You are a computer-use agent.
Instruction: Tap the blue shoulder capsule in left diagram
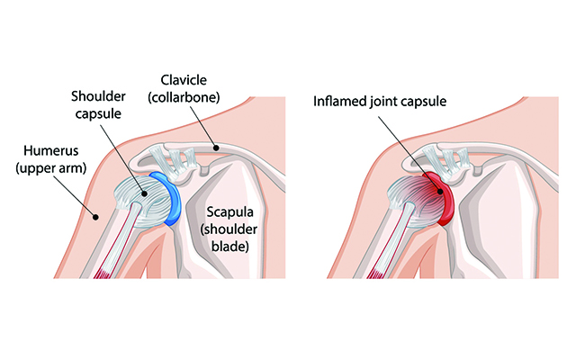[174, 193]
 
